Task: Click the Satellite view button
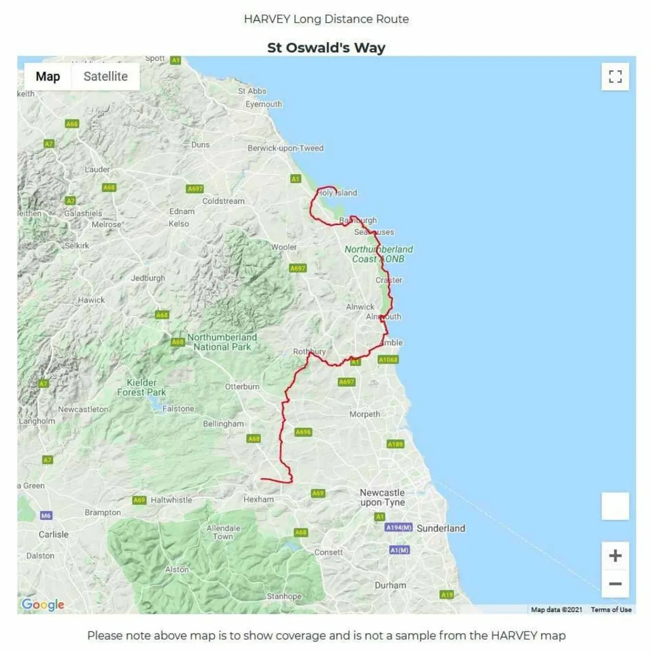point(106,77)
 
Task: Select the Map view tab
point(48,77)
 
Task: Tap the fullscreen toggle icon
point(615,77)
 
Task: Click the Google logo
point(43,605)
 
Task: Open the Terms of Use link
point(611,610)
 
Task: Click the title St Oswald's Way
point(326,48)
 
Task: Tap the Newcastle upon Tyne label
point(382,497)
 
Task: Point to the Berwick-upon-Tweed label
point(285,148)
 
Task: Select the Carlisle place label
point(54,534)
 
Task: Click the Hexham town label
point(259,499)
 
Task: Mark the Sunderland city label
point(441,528)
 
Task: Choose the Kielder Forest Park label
point(141,387)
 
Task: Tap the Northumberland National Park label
point(222,342)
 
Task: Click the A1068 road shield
point(388,360)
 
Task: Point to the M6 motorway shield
point(46,516)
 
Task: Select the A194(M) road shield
point(398,528)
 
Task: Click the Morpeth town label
point(364,414)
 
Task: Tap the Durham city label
point(390,585)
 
